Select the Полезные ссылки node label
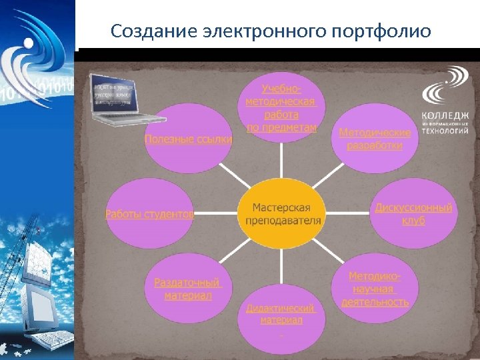point(189,139)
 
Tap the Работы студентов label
point(150,214)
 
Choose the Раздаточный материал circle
point(187,289)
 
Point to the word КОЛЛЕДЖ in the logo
point(445,116)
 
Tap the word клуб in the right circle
point(413,221)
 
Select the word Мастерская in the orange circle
point(281,207)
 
